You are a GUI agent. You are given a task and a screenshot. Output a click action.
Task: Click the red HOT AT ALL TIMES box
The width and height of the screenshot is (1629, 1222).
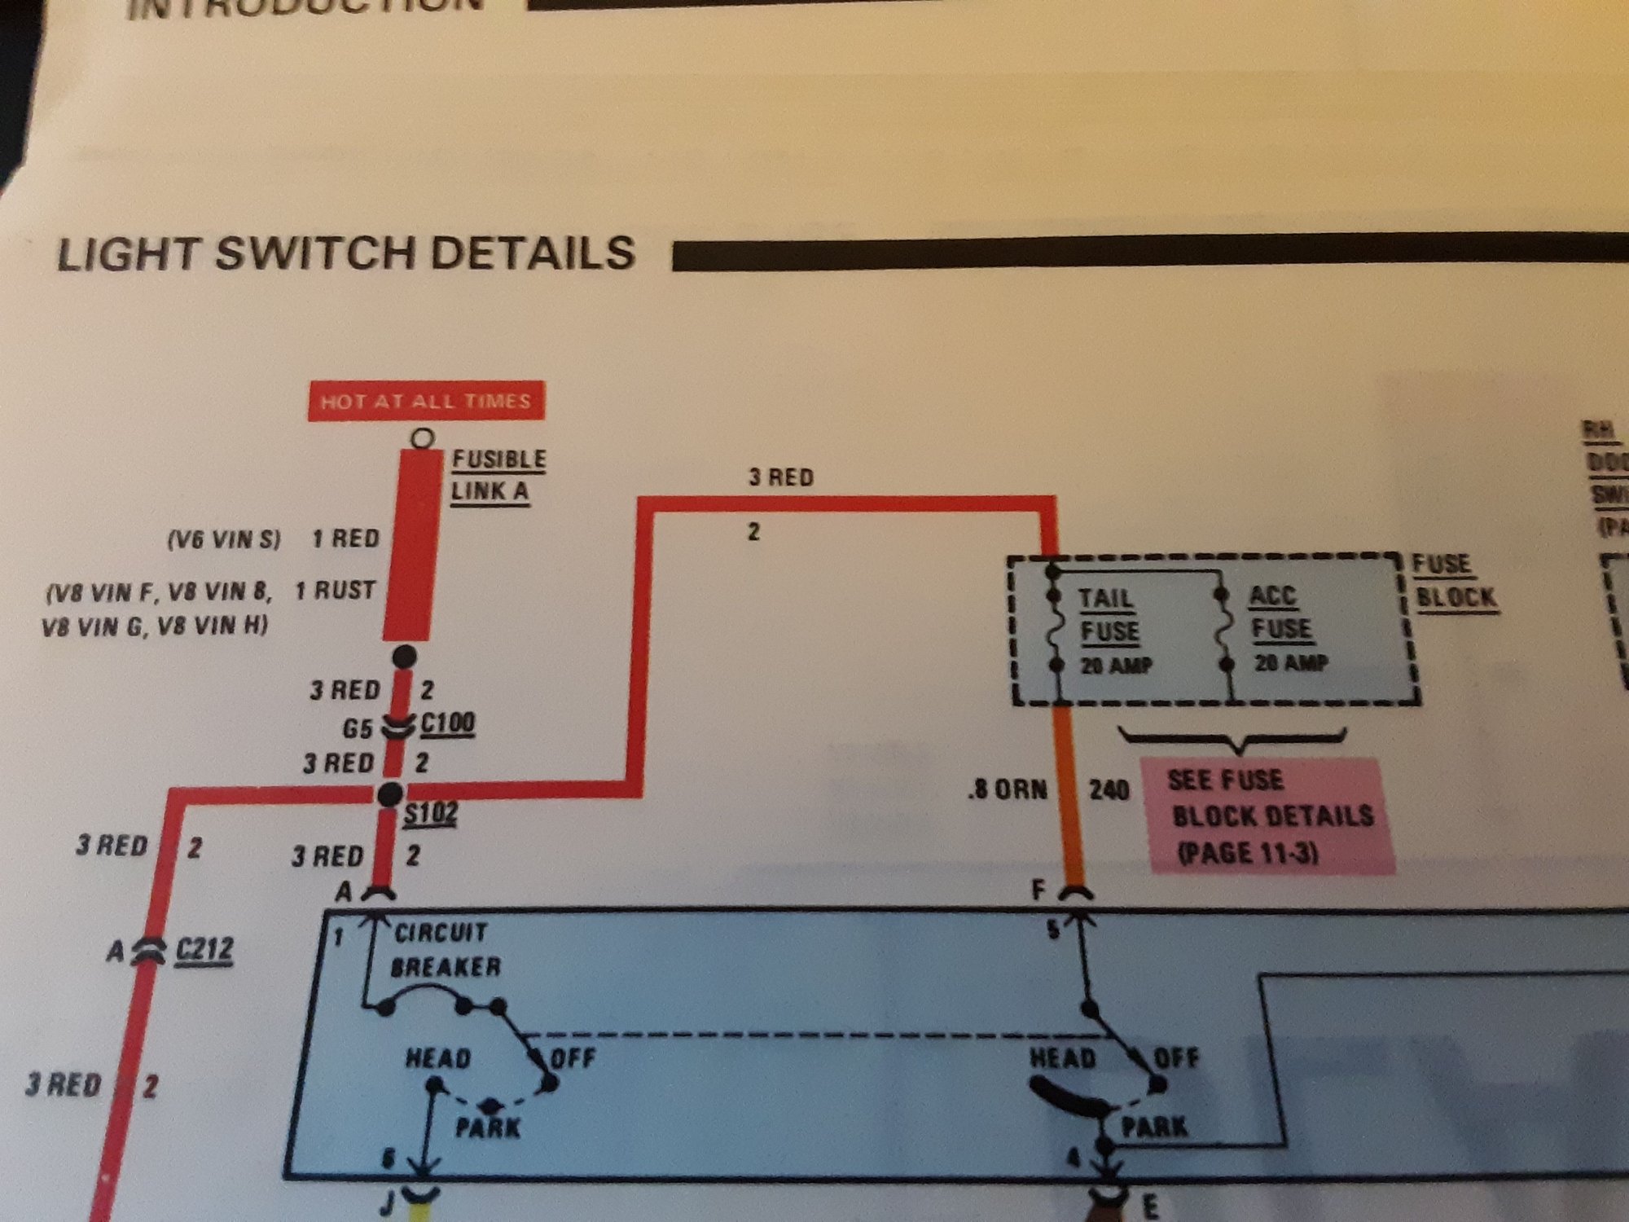tap(425, 401)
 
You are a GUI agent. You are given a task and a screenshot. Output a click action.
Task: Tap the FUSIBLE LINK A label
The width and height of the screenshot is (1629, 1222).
tap(497, 475)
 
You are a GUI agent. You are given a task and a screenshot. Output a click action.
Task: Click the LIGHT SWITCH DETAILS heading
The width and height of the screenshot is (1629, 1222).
tap(345, 253)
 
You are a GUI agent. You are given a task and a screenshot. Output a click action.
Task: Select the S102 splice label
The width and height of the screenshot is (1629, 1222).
tap(430, 814)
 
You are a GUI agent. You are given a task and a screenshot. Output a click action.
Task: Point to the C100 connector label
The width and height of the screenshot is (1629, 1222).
tap(447, 723)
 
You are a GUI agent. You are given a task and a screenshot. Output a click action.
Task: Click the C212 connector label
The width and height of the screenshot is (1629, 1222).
tap(204, 950)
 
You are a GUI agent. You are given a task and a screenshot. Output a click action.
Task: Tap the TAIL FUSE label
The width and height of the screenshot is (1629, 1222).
tap(1108, 615)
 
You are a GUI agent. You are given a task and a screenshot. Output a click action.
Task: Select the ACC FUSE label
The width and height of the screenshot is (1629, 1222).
tap(1280, 613)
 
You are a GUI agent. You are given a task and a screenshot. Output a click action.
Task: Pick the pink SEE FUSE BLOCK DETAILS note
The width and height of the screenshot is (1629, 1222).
tap(1269, 815)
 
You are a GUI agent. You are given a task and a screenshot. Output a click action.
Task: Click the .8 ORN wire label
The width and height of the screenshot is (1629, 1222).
tap(1008, 789)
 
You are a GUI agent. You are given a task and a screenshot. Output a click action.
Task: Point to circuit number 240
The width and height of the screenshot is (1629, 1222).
tap(1109, 789)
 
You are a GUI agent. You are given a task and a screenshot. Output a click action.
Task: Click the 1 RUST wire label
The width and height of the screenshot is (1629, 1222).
tap(335, 590)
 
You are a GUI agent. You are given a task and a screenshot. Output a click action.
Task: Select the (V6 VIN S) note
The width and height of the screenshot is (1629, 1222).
tap(224, 539)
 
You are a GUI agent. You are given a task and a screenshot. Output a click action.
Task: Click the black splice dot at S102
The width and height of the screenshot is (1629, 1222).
tap(391, 793)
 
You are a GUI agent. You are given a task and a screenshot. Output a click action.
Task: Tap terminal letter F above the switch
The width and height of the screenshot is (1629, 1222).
tap(1038, 890)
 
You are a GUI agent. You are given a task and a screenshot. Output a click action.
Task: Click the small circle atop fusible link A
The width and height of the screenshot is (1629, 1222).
tap(422, 438)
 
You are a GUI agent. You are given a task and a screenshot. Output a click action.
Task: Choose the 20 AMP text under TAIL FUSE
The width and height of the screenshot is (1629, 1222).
tap(1115, 666)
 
